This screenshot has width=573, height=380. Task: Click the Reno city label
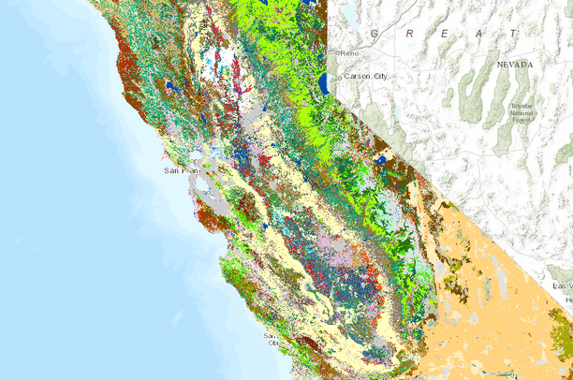point(351,52)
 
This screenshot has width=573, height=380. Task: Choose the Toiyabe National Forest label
point(522,113)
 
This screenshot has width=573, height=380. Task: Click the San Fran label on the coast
point(181,171)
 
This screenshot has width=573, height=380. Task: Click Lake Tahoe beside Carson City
point(323,85)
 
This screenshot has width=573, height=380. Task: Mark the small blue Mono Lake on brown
point(382,160)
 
